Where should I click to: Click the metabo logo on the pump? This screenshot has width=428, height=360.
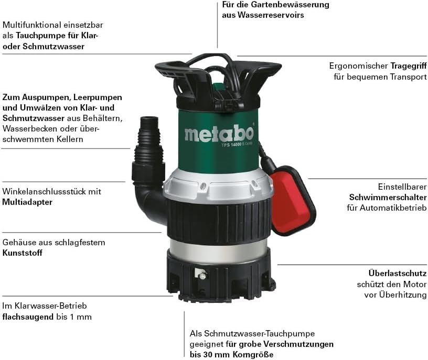pos(219,134)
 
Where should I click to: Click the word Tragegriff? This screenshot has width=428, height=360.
pos(409,66)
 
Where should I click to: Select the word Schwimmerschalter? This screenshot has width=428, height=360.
pos(388,197)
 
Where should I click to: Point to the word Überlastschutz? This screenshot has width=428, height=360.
pos(398,273)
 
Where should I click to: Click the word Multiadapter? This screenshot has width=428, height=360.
pos(27,202)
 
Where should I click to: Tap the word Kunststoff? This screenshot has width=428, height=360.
pos(23,253)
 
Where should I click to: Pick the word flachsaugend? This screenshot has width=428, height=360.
pos(28,317)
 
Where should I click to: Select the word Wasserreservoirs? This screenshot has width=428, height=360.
pos(271,15)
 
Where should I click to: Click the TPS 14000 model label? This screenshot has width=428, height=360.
pos(237,144)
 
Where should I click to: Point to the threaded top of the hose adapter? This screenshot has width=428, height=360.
pos(149,122)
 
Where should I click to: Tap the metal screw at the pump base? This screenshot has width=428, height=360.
pos(202,276)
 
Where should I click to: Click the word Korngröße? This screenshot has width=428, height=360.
pos(253,355)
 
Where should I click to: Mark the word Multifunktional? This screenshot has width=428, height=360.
pos(31,25)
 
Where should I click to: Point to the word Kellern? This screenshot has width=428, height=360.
pos(70,139)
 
